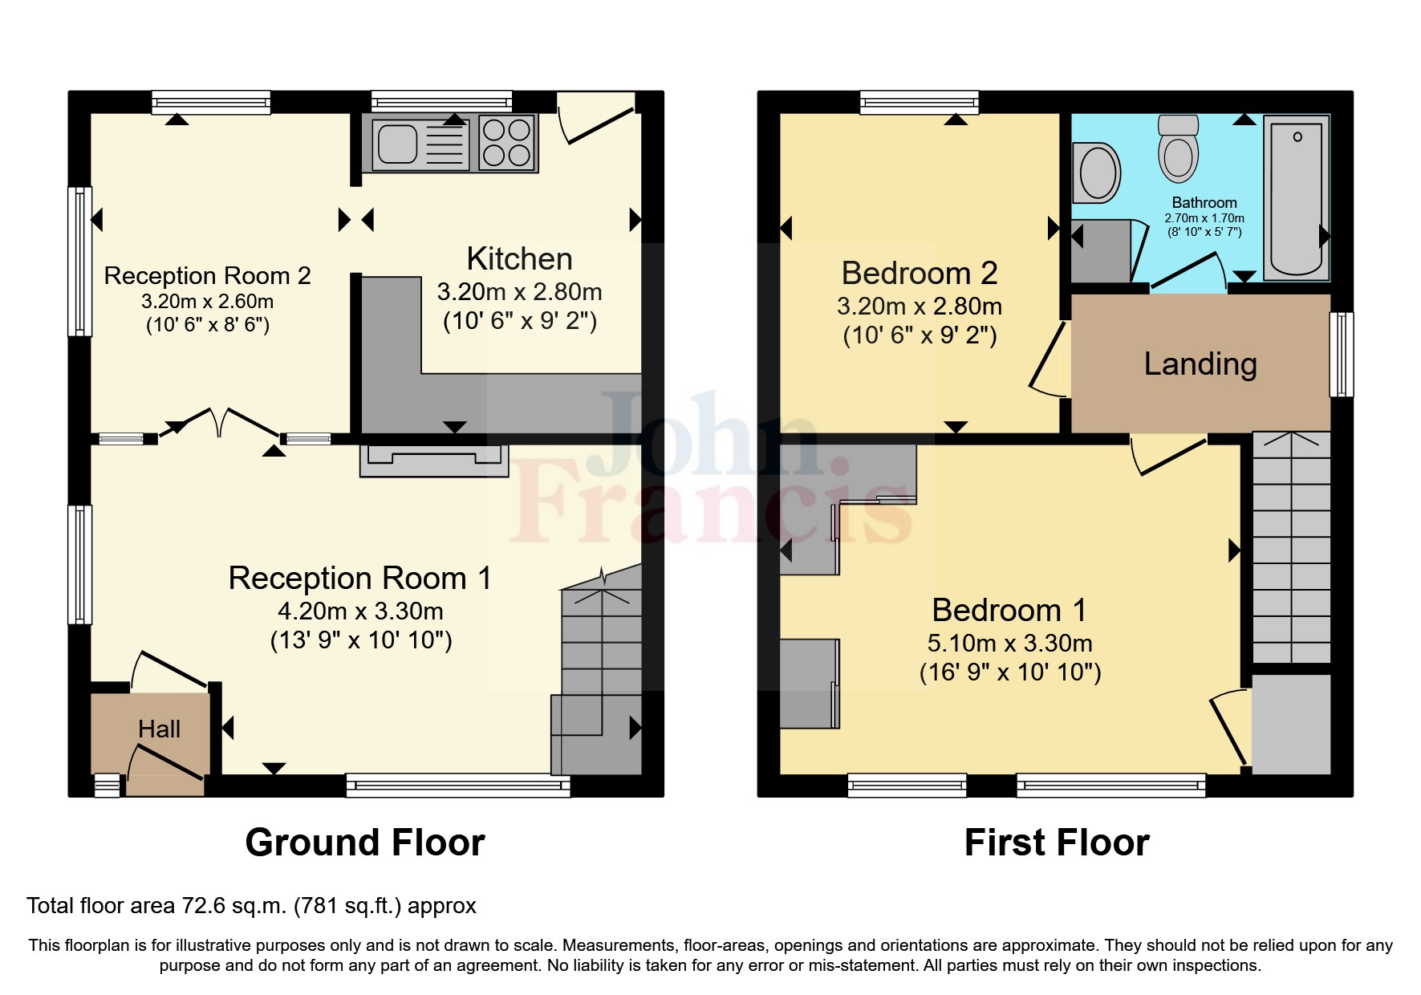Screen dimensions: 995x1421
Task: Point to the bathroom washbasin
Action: pos(1097,173)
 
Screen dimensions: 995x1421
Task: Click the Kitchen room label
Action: pos(519,259)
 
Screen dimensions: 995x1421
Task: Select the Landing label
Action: pos(1200,363)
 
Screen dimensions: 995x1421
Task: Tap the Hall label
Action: pos(159,729)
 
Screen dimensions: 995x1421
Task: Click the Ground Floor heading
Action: pos(365,843)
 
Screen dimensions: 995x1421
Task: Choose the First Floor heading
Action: pos(1057,843)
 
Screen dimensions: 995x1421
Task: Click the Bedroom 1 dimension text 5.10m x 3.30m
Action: pos(1009,643)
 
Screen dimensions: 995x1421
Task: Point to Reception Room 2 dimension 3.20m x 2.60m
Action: pos(207,302)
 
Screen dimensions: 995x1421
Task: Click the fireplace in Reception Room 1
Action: pos(434,460)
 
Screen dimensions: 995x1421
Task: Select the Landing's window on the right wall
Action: pos(1341,354)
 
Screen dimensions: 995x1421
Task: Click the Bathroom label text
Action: pos(1204,202)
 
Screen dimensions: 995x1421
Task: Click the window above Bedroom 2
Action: pos(919,102)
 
